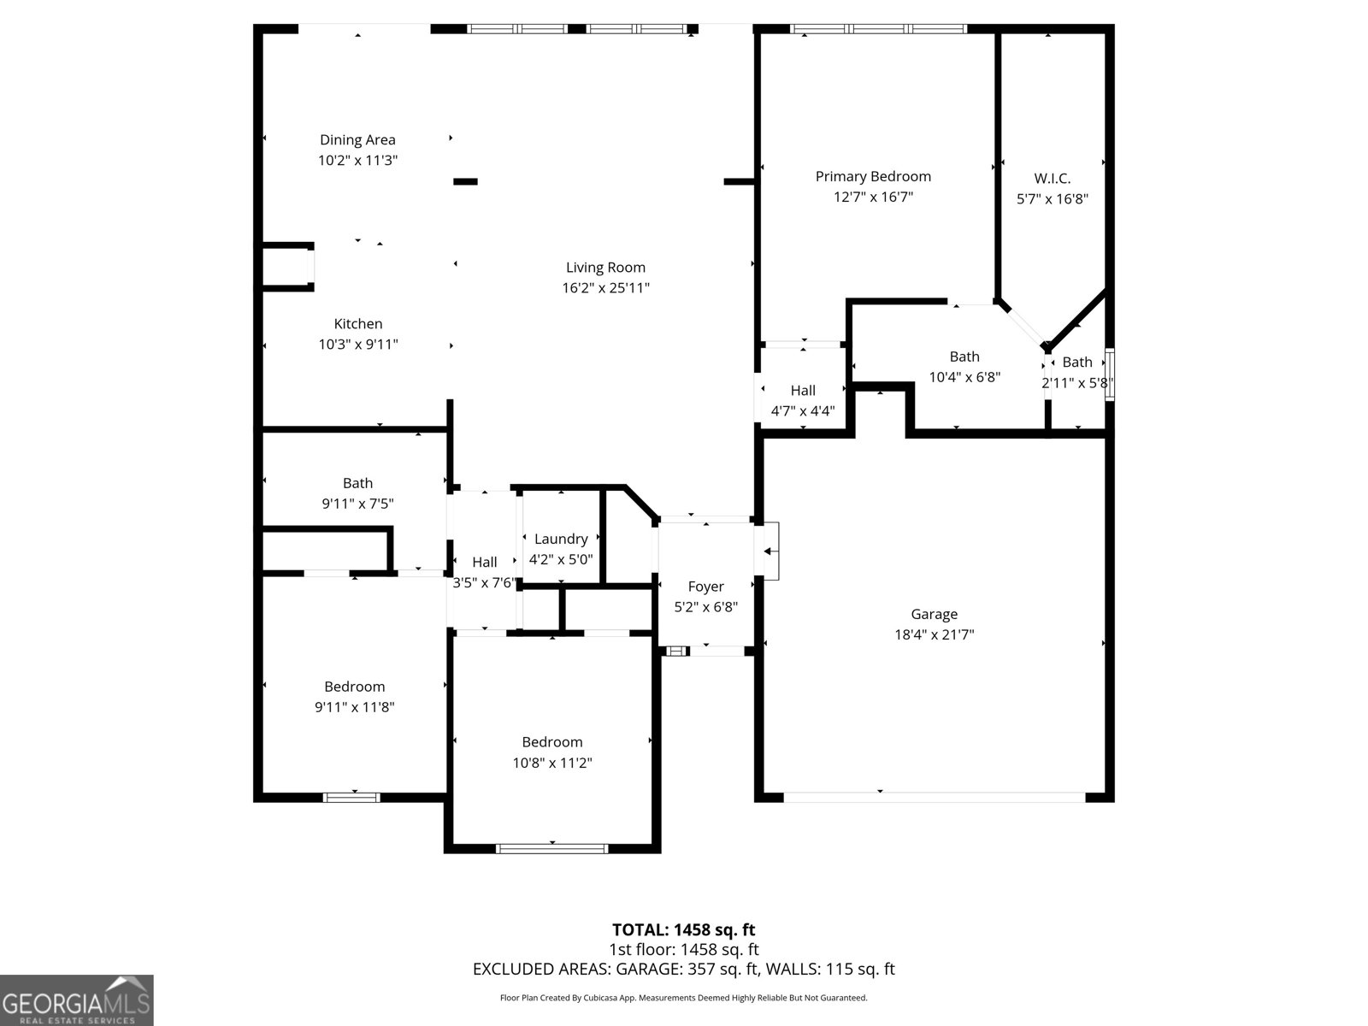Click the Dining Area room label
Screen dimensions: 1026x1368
[357, 140]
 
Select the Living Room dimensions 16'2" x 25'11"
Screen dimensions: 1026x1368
[605, 288]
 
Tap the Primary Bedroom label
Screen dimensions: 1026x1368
[873, 177]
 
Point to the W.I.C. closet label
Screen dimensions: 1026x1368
[1052, 179]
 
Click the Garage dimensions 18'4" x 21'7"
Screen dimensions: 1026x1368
[934, 634]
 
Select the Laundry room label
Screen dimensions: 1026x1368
[561, 540]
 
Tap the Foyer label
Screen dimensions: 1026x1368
[705, 587]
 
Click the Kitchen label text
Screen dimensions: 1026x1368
[357, 324]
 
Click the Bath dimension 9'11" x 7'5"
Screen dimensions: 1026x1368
[357, 504]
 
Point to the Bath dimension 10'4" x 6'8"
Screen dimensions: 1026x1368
[964, 377]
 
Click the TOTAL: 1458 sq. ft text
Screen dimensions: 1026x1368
[683, 929]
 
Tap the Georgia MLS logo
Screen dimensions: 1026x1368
[76, 1000]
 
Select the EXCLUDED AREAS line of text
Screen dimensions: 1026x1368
[683, 970]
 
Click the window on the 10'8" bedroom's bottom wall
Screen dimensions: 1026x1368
[552, 849]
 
